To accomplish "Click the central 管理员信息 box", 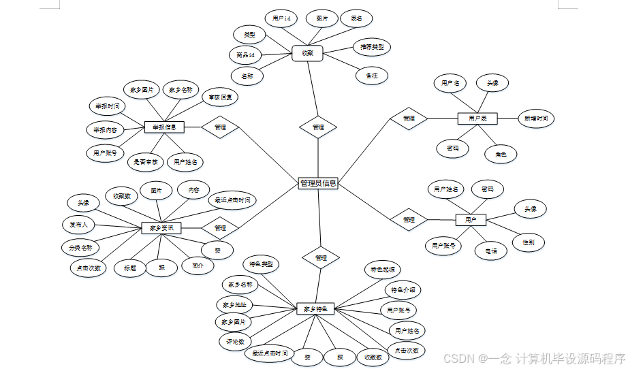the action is [x=318, y=183].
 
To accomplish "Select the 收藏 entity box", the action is [x=307, y=53].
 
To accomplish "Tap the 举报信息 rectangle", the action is [x=164, y=127].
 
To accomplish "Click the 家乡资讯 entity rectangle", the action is [x=161, y=228].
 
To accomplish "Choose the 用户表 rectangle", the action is [x=477, y=118].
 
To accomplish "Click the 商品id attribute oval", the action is [x=245, y=55].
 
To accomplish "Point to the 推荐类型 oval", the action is [x=371, y=47].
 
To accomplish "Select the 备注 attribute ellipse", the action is [x=371, y=76].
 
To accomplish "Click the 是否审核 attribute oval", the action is [x=146, y=162].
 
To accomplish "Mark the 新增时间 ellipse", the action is [x=535, y=118].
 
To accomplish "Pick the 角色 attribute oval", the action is [x=501, y=155].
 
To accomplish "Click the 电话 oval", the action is [x=490, y=251].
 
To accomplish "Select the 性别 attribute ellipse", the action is [x=528, y=242].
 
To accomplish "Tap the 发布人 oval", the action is [x=78, y=224].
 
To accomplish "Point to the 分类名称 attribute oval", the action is [x=80, y=246].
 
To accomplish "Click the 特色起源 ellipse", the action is [x=382, y=270].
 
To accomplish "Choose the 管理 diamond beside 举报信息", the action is [x=220, y=127].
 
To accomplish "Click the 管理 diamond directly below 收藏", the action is [x=318, y=127].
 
